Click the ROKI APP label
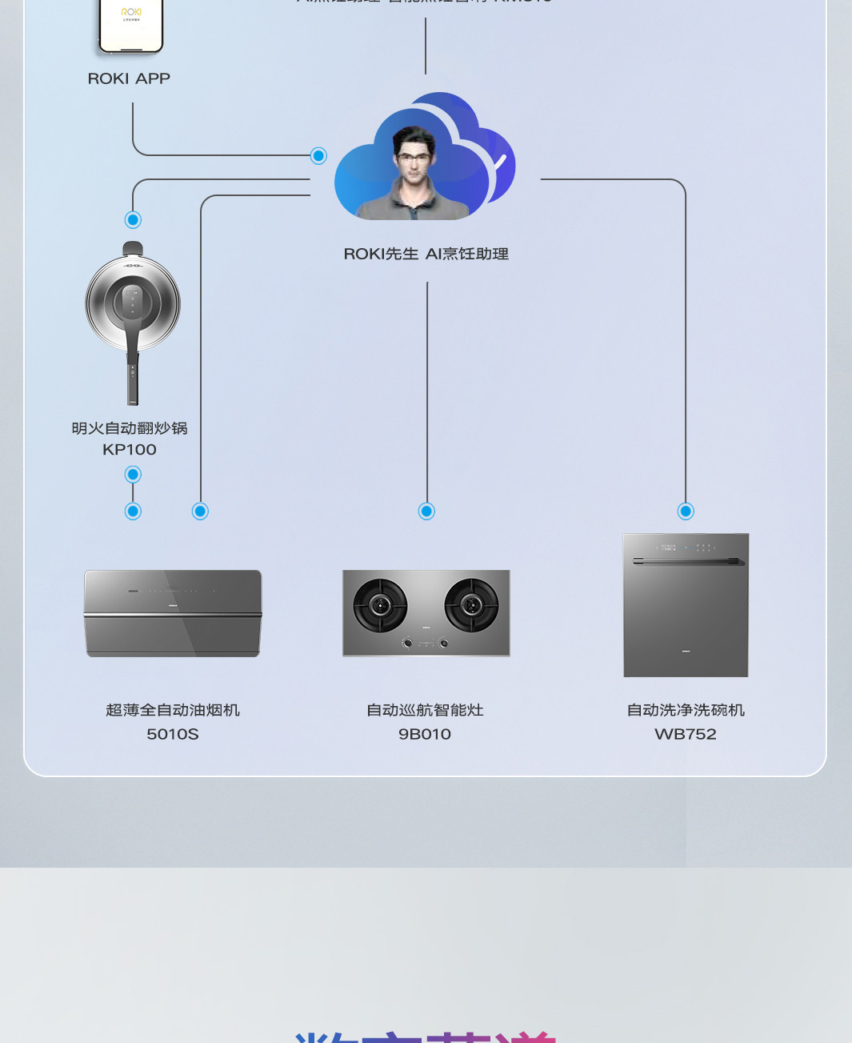pos(129,78)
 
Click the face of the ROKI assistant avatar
pos(413,156)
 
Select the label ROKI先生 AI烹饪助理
pos(426,254)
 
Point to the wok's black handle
pos(133,376)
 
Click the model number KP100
pos(130,450)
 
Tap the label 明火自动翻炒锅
pos(130,428)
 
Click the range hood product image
pos(173,613)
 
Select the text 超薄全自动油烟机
pos(173,710)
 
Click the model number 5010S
pos(173,734)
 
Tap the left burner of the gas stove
pos(380,605)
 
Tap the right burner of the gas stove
pos(471,605)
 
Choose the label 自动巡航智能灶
pos(425,710)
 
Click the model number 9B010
pos(425,734)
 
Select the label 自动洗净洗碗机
pos(686,710)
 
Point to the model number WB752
pos(686,734)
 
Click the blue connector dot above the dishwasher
pos(686,511)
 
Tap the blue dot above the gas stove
pos(427,511)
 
